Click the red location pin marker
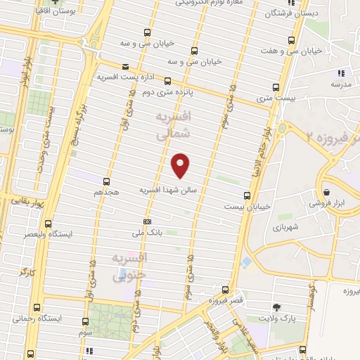[181, 165]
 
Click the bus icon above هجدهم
[108, 181]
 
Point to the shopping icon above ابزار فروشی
[327, 192]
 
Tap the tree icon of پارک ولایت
[277, 307]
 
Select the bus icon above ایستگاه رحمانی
[36, 308]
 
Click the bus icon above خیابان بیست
[246, 196]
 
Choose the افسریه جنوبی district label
[129, 267]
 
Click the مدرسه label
[340, 84]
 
